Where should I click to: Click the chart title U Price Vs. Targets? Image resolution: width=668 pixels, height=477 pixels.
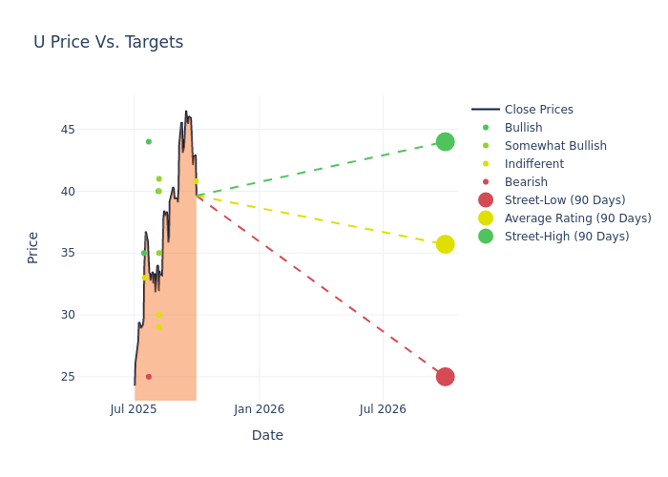coord(108,42)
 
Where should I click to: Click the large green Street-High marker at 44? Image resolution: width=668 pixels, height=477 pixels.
coord(445,141)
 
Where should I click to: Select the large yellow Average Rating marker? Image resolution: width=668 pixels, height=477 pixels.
coord(445,244)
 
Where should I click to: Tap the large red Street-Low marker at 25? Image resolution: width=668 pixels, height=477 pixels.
coord(445,377)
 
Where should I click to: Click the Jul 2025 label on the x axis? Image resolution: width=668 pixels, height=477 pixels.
coord(134,409)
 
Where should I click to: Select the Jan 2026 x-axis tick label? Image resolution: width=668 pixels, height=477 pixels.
coord(259,409)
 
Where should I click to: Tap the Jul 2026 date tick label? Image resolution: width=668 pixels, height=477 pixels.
coord(383,409)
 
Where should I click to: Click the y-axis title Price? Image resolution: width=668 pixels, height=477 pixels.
coord(33,247)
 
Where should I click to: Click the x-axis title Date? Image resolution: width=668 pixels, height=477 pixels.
coord(267,435)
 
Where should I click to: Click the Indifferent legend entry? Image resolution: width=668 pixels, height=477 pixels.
coord(533,164)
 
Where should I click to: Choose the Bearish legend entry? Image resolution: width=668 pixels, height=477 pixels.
coord(526,182)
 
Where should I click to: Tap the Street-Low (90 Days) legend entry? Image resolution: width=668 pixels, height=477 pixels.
coord(565,200)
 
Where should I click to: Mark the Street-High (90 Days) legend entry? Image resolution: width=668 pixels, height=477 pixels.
coord(567,237)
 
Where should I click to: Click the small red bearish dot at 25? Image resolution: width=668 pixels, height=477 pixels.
coord(149,377)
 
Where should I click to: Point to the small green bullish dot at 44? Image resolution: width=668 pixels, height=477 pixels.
coord(149,141)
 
